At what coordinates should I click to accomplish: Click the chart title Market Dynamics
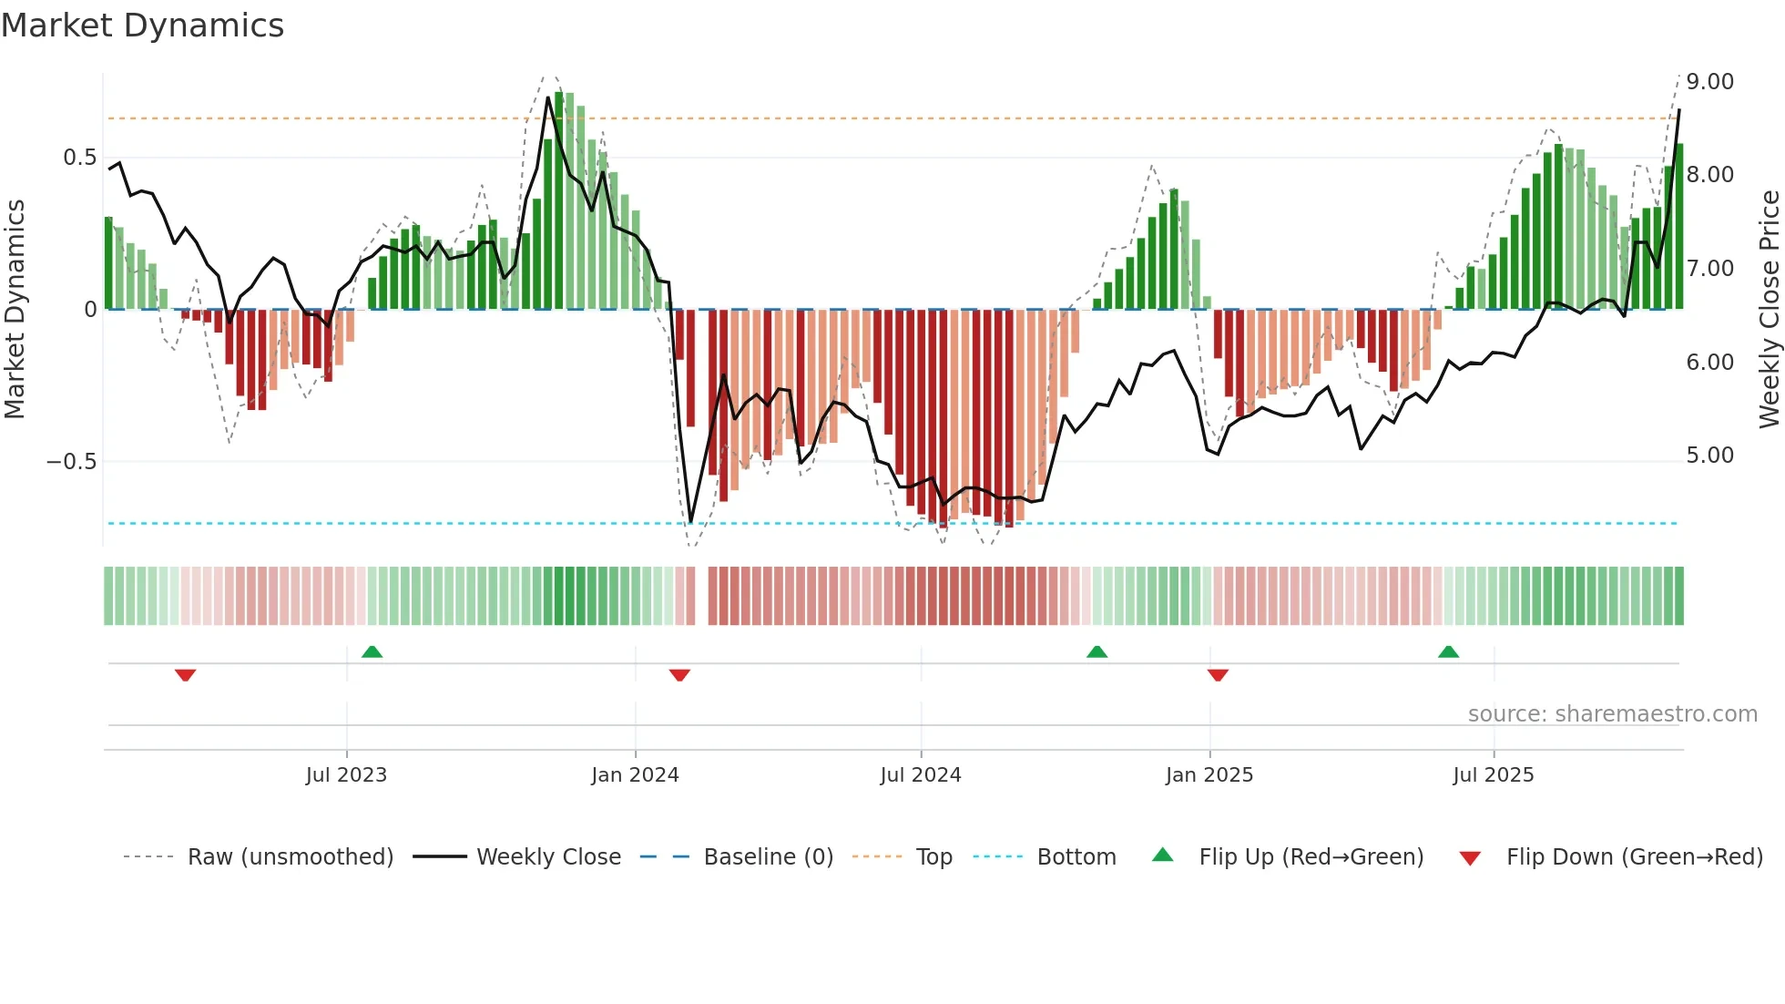click(x=142, y=26)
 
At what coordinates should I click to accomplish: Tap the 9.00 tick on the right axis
click(x=1709, y=82)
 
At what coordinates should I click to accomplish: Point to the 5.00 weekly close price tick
click(x=1709, y=456)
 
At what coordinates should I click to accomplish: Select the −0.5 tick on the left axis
click(x=71, y=461)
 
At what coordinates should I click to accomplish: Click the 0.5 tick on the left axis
click(x=79, y=158)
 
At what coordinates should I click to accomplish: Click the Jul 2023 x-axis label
click(x=346, y=775)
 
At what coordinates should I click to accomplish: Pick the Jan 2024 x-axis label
click(x=635, y=775)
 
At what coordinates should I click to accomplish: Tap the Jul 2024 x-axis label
click(x=921, y=775)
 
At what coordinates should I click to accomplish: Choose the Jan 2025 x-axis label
click(x=1209, y=775)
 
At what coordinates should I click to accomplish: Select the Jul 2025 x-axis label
click(x=1494, y=775)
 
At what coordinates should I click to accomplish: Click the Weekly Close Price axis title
click(x=1769, y=310)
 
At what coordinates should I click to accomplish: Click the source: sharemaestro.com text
click(x=1612, y=714)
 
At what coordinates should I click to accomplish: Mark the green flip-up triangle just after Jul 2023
click(x=372, y=651)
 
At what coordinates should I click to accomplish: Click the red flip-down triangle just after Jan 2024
click(x=679, y=675)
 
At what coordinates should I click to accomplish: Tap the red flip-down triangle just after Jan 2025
click(x=1218, y=675)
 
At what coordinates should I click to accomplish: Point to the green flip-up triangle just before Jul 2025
click(x=1448, y=651)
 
